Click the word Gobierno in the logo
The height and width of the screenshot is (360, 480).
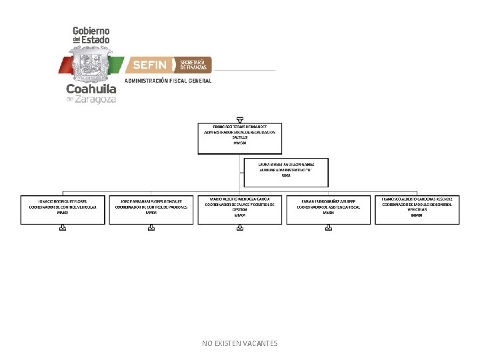point(91,31)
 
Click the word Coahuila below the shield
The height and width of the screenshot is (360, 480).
point(91,89)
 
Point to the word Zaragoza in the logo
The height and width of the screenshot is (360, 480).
point(95,99)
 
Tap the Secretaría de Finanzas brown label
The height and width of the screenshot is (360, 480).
point(193,65)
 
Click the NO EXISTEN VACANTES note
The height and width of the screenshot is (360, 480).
point(240,343)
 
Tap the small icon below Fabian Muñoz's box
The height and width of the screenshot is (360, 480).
point(328,227)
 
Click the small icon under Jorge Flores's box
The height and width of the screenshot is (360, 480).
point(151,227)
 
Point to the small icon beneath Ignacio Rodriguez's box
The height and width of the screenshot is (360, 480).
point(63,227)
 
